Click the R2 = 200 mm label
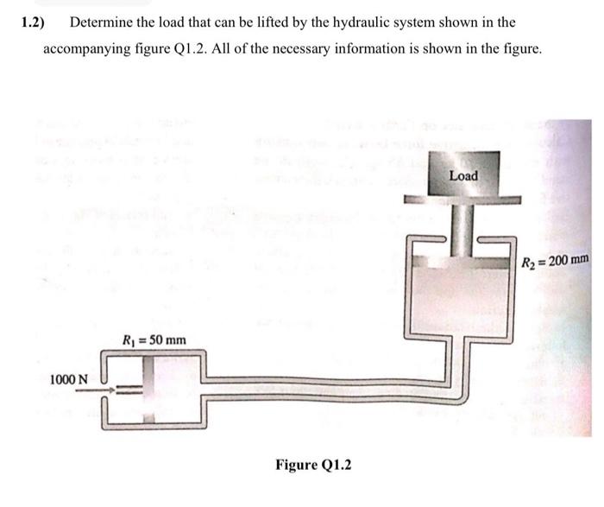tap(556, 258)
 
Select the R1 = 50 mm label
tap(154, 339)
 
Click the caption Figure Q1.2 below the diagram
tap(313, 465)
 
